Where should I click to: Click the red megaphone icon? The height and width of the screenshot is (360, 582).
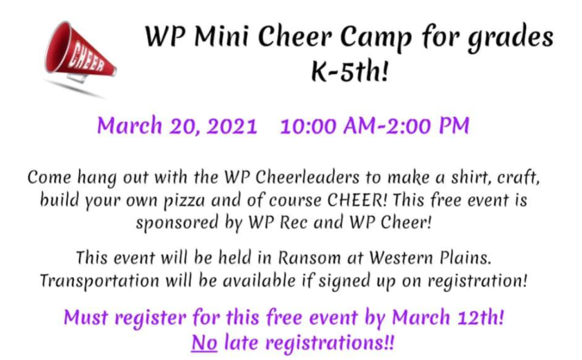point(80,52)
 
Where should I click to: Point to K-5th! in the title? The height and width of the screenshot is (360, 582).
point(349,71)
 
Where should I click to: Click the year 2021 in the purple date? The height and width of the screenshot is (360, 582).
point(232,126)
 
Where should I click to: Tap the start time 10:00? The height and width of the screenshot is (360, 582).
point(309,126)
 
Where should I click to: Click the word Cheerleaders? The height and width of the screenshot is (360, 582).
point(307,177)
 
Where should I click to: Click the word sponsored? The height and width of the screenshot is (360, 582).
point(176,224)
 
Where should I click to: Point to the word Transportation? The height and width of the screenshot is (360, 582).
point(100,281)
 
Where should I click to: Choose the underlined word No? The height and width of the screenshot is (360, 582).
point(204,343)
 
